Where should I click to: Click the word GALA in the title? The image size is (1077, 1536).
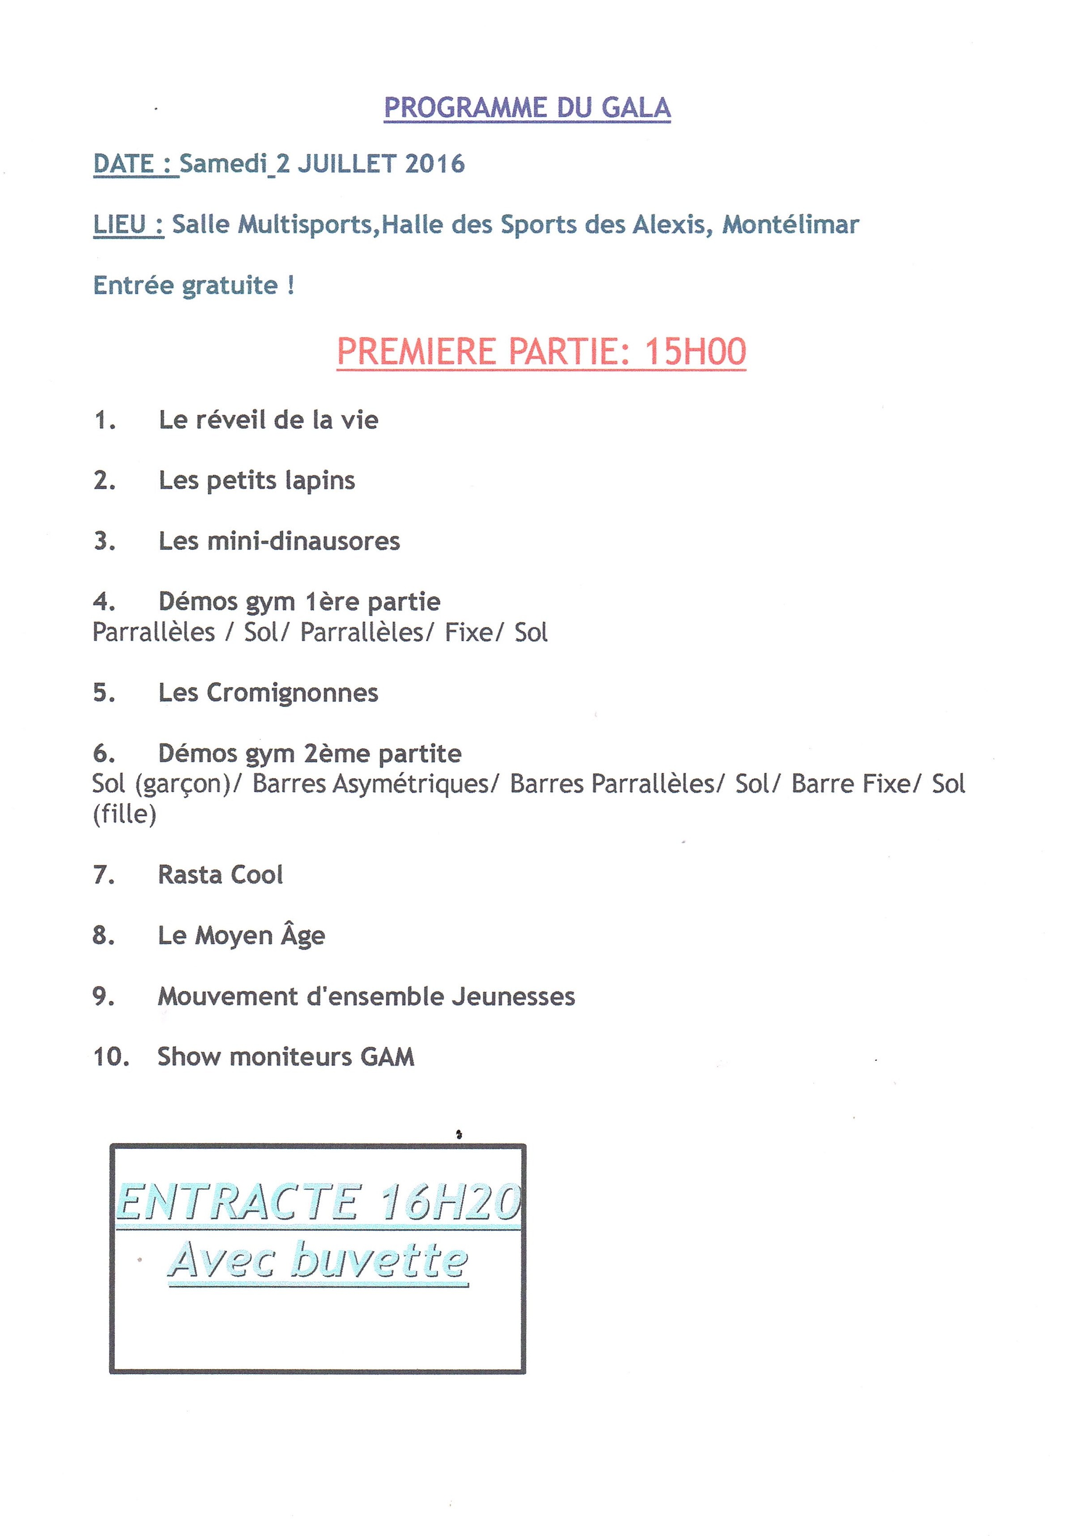635,108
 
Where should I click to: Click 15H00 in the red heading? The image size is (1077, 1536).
695,352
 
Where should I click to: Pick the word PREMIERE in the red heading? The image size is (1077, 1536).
415,352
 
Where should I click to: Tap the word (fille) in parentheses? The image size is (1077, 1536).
124,814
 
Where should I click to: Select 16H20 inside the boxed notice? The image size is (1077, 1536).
449,1202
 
